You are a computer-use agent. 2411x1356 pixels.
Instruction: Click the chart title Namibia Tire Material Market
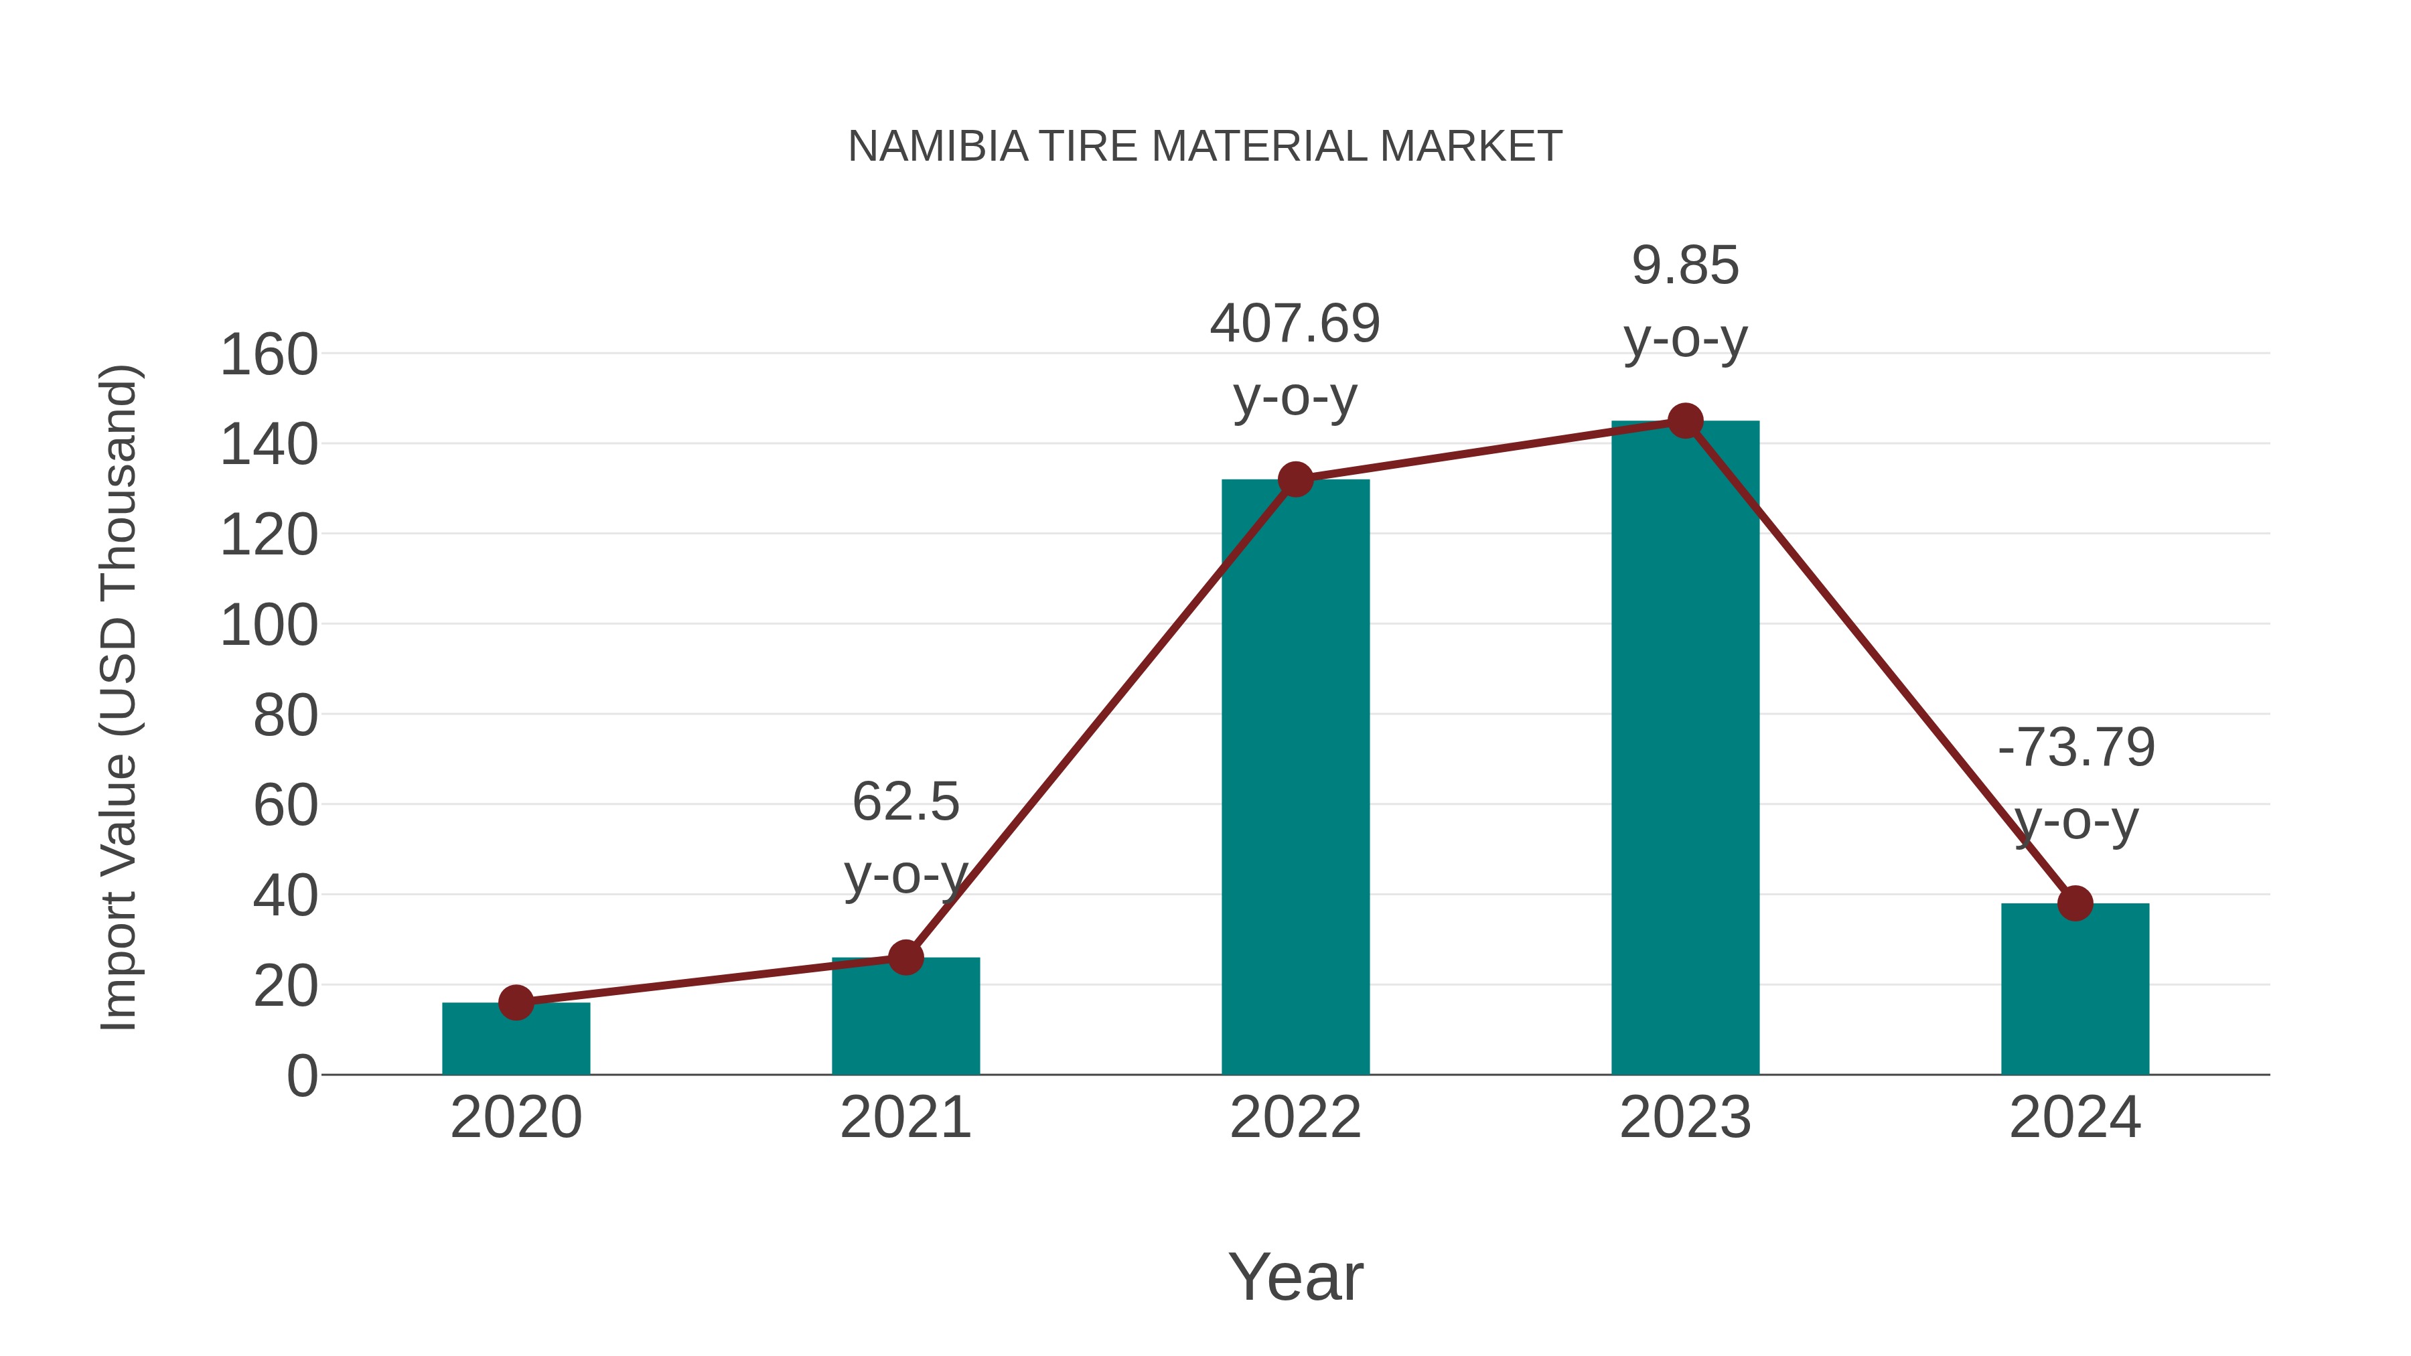(x=1205, y=147)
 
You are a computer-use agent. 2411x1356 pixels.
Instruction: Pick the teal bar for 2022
(x=1295, y=777)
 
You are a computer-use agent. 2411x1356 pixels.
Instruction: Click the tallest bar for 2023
(x=1685, y=749)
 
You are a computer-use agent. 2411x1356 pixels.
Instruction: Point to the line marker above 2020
(x=516, y=1002)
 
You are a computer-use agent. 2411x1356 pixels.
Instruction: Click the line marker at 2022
(x=1295, y=480)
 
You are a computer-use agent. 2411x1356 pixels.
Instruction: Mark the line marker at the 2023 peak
(x=1685, y=421)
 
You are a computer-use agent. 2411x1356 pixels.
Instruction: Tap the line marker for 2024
(x=2075, y=903)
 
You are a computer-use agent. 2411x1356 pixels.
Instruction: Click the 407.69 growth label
(x=1295, y=324)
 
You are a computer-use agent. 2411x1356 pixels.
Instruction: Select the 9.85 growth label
(x=1685, y=266)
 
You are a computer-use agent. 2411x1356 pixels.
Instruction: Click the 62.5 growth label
(x=905, y=802)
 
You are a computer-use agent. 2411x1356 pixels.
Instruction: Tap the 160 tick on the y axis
(x=269, y=356)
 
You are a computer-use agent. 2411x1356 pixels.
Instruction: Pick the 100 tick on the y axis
(x=269, y=625)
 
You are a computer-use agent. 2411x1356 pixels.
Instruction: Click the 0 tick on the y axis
(x=301, y=1075)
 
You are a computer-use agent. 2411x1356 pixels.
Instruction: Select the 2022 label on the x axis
(x=1295, y=1118)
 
